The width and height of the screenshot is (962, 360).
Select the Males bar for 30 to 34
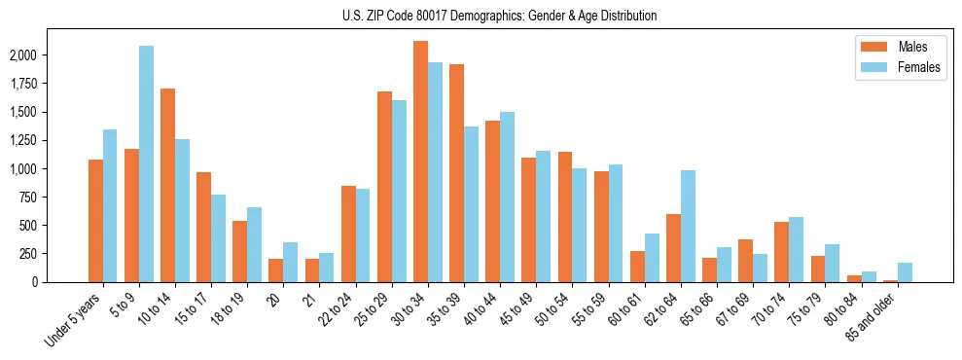[x=420, y=162]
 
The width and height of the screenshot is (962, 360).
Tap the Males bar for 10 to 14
[x=167, y=185]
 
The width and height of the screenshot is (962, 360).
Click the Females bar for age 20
[x=290, y=263]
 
